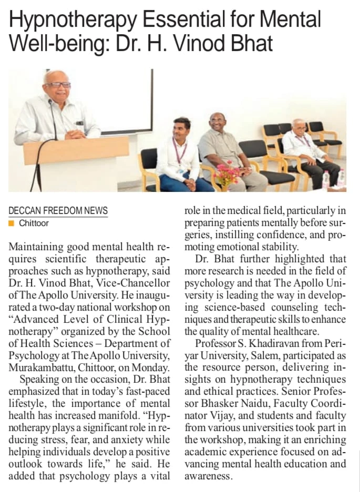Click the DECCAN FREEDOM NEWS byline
(58, 211)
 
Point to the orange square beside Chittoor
(11, 223)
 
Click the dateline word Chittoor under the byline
(34, 223)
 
